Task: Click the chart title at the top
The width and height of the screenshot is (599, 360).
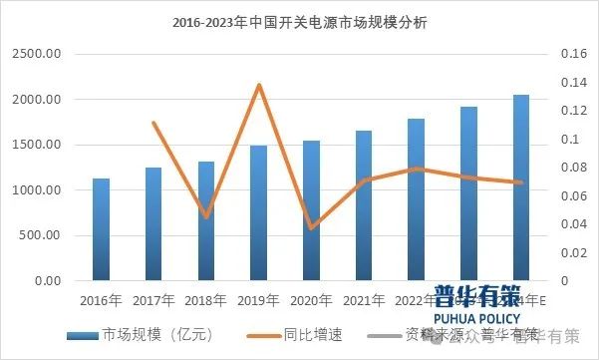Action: pos(299,23)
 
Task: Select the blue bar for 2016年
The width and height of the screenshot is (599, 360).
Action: pos(101,229)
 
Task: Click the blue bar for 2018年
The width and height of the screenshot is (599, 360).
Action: pos(206,220)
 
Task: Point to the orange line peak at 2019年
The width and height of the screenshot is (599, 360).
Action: pos(259,85)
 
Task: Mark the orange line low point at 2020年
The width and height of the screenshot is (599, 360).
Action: pos(311,228)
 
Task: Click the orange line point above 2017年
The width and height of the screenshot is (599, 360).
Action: pos(153,123)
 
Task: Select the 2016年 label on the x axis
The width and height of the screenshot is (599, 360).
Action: pos(101,298)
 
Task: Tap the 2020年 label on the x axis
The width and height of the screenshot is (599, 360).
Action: pos(311,298)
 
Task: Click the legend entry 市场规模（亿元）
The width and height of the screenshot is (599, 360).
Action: pos(140,333)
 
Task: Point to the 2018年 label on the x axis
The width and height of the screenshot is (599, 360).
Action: pos(206,298)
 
